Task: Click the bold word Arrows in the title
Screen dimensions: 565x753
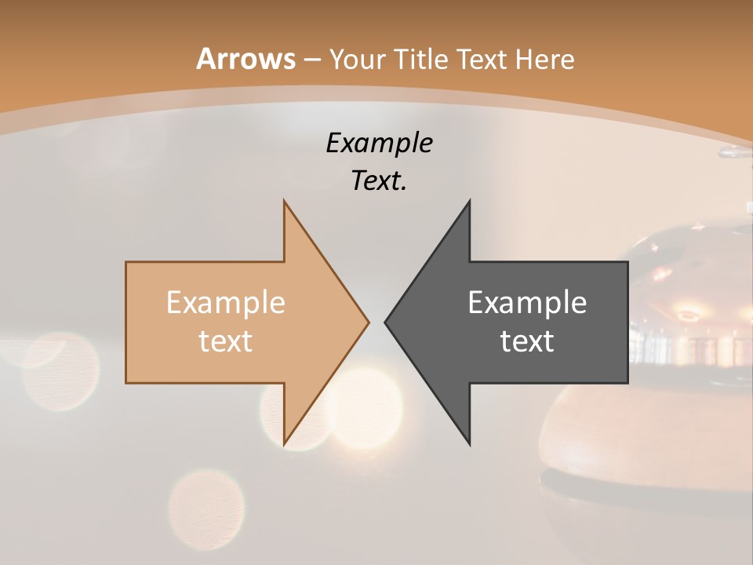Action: pyautogui.click(x=246, y=59)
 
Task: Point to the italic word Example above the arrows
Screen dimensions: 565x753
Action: pyautogui.click(x=380, y=144)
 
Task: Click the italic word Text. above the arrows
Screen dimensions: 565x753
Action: pyautogui.click(x=380, y=180)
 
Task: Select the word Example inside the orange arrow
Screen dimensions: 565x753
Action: pyautogui.click(x=226, y=302)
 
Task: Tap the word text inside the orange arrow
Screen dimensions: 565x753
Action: pyautogui.click(x=226, y=341)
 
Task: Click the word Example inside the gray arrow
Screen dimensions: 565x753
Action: pyautogui.click(x=527, y=302)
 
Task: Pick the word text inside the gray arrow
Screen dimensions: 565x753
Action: pyautogui.click(x=527, y=341)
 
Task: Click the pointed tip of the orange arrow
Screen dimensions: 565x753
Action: pyautogui.click(x=369, y=322)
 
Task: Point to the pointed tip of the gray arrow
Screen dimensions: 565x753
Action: pyautogui.click(x=385, y=322)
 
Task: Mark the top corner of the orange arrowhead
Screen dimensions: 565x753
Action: pyautogui.click(x=284, y=201)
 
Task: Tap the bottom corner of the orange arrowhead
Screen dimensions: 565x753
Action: pyautogui.click(x=284, y=445)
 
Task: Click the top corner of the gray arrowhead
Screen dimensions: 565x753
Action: pyautogui.click(x=470, y=201)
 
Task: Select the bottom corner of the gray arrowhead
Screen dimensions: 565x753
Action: pyautogui.click(x=470, y=445)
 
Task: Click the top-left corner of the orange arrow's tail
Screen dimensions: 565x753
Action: pyautogui.click(x=126, y=262)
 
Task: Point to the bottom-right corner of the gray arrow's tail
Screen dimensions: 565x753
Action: pyautogui.click(x=627, y=383)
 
